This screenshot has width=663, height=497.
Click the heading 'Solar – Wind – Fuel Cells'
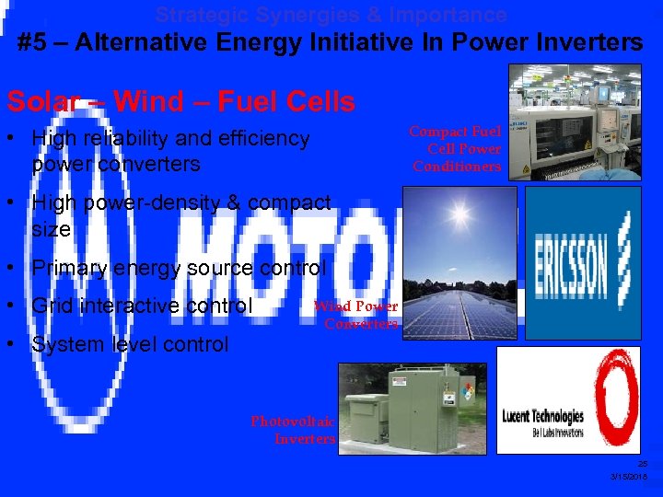[x=180, y=101]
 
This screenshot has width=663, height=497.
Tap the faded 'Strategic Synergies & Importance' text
[x=331, y=15]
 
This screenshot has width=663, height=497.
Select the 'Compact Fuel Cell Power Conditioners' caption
[x=457, y=149]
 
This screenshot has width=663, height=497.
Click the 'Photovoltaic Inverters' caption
[x=294, y=430]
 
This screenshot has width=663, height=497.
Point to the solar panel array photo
[x=460, y=263]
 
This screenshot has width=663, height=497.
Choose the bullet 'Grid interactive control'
[x=142, y=305]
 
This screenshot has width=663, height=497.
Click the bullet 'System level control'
[x=130, y=344]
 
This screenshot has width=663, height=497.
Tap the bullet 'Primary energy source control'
[x=179, y=268]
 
